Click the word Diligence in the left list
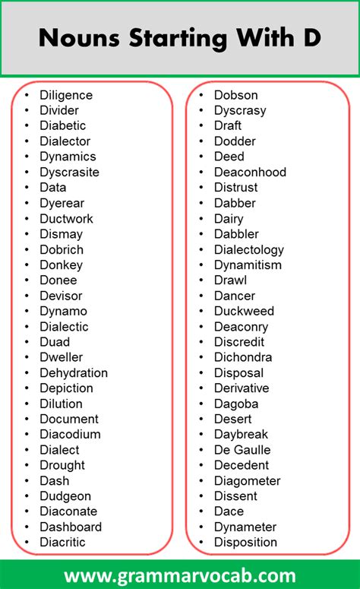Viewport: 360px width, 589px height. pos(66,95)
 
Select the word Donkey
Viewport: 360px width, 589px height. pos(61,265)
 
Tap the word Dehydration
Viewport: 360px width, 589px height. pos(74,373)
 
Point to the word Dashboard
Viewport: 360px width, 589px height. pos(71,527)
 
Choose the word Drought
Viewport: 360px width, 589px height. pos(62,466)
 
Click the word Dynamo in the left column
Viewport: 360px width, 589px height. pos(63,312)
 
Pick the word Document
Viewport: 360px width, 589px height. pos(69,420)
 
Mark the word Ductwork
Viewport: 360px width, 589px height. pos(66,219)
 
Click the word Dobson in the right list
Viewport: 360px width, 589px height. pos(235,95)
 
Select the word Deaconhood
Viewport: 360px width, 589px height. pos(250,173)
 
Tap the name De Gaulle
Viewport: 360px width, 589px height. pos(242,450)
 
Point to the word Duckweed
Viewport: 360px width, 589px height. pos(244,312)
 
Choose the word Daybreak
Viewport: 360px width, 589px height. pos(242,435)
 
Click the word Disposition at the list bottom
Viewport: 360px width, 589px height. pos(245,543)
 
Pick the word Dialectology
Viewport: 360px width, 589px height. pos(248,250)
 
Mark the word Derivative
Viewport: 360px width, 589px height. pos(241,388)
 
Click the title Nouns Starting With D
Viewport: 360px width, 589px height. pos(179,38)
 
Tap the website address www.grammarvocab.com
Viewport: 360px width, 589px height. pos(180,574)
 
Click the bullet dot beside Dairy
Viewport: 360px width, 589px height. pos(201,219)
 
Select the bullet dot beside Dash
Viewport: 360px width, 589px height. pos(27,481)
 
